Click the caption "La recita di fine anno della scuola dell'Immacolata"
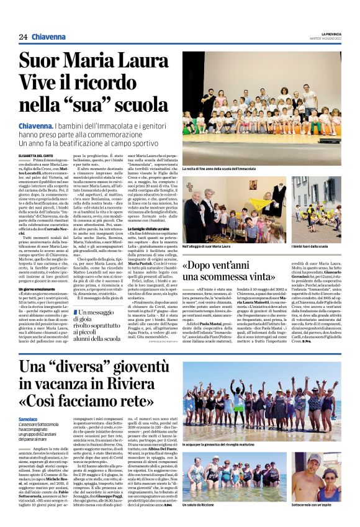[219, 169]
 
